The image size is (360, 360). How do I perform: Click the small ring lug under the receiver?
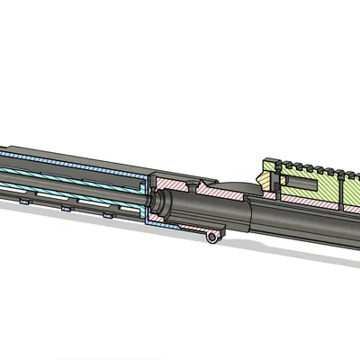coord(213,237)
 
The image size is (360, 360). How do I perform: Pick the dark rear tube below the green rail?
coord(306,225)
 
